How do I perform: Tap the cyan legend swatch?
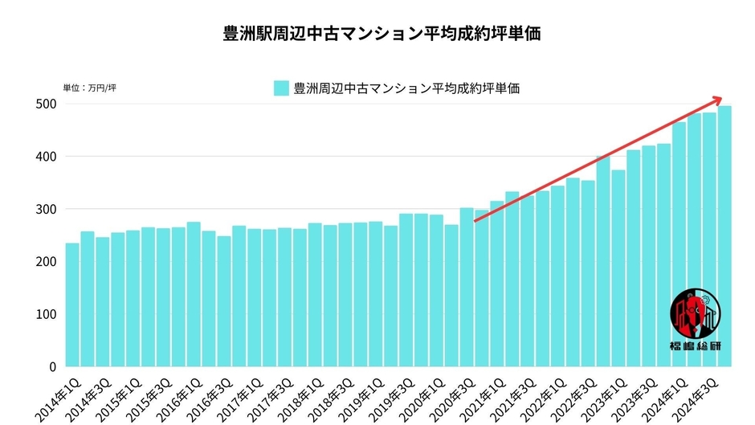pos(280,88)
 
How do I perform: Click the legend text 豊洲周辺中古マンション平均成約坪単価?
pos(406,88)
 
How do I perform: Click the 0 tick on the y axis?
pos(51,366)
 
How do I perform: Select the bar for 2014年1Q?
pos(72,305)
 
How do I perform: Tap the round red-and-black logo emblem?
pos(696,314)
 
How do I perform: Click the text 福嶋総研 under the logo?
pos(696,347)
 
